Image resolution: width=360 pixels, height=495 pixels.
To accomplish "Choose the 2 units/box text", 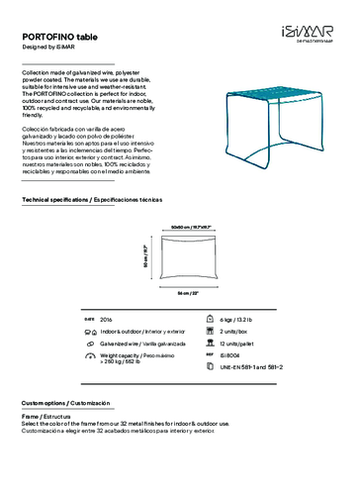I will click(x=234, y=332).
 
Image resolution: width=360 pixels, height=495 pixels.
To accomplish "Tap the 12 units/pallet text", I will click(x=237, y=343).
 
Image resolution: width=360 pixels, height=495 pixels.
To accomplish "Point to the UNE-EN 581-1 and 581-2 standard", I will click(x=251, y=366).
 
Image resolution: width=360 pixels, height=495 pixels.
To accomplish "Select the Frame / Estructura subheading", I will click(x=45, y=418).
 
